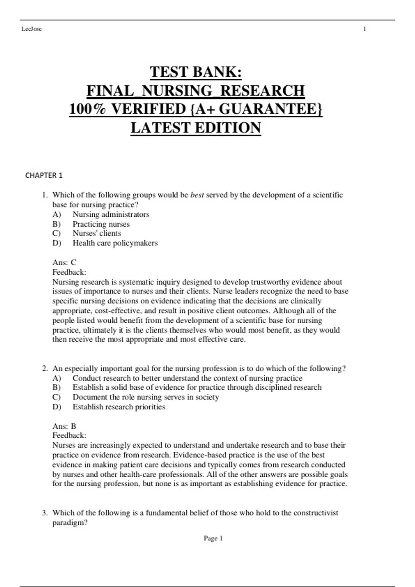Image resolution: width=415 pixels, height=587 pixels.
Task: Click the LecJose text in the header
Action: coord(31,29)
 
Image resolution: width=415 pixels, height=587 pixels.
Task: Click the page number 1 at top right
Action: coord(365,29)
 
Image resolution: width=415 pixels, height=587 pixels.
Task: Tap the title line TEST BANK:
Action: coord(196,72)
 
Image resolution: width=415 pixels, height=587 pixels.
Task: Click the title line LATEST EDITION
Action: coord(196,128)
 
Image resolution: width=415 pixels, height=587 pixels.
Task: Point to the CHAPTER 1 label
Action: coord(44,175)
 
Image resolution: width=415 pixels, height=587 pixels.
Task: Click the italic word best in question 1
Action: coord(197,195)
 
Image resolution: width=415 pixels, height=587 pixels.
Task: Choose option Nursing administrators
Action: coord(111,214)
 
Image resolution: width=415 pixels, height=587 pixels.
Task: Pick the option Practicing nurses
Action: coord(101,224)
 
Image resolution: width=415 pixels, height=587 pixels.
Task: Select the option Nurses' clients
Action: coord(96,233)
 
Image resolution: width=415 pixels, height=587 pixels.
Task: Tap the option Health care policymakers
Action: coord(115,243)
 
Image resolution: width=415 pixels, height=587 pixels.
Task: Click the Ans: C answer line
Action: coord(64,262)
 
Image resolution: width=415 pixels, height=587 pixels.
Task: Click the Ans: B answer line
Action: coord(64,426)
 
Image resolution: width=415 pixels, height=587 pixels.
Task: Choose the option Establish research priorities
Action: coord(119,407)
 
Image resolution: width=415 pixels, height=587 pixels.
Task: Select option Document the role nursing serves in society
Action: coord(146,397)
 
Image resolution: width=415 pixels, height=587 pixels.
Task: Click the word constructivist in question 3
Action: coord(316,513)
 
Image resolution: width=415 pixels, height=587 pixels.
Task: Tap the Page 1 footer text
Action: coord(213,538)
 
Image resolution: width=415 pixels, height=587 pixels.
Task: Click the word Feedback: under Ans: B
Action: coord(69,435)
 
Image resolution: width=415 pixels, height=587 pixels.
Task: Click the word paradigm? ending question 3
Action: coord(70,522)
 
